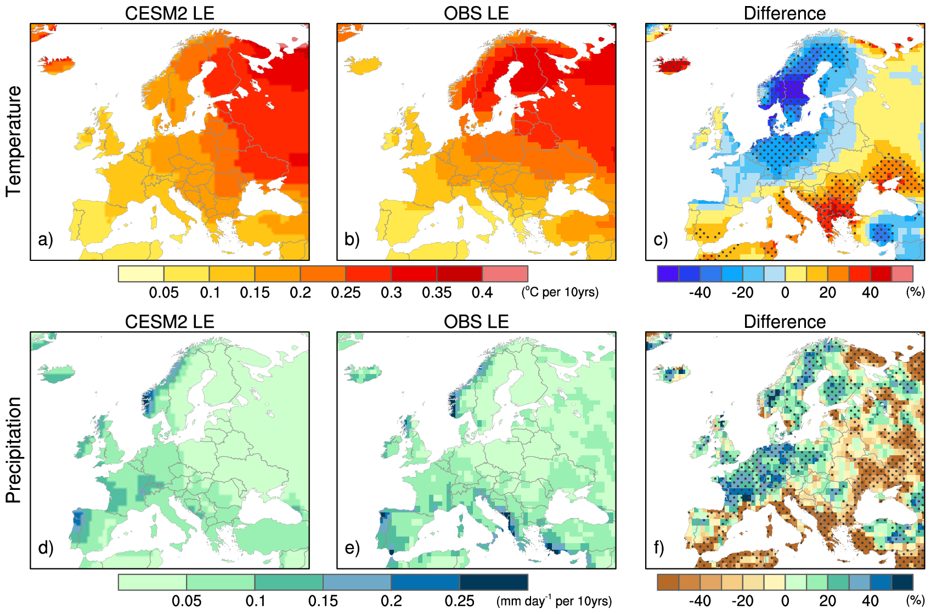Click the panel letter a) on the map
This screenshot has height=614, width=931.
point(46,239)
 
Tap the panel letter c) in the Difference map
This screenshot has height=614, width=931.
point(661,239)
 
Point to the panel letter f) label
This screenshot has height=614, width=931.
point(659,548)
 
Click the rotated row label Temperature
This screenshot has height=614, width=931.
point(14,141)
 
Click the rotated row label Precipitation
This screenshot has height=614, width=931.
point(14,450)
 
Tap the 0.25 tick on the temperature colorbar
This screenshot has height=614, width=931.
point(346,293)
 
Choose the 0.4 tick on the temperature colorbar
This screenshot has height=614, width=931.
point(482,293)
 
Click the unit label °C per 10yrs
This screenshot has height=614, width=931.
point(560,292)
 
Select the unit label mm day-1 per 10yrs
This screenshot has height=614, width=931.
point(554,601)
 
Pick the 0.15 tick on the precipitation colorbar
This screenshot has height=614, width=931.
point(323,601)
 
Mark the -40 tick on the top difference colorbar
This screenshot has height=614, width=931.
point(699,293)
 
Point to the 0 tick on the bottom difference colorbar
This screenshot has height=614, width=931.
point(785,601)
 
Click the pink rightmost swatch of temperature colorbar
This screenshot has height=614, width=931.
point(505,273)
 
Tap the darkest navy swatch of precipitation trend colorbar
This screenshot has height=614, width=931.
point(494,582)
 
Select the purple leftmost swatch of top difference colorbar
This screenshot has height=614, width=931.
point(668,273)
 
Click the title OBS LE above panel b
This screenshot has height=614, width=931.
point(476,13)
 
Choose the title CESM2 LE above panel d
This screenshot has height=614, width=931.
point(170,322)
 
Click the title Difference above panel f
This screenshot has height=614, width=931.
point(785,322)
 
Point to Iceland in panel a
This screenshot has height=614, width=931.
point(56,64)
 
